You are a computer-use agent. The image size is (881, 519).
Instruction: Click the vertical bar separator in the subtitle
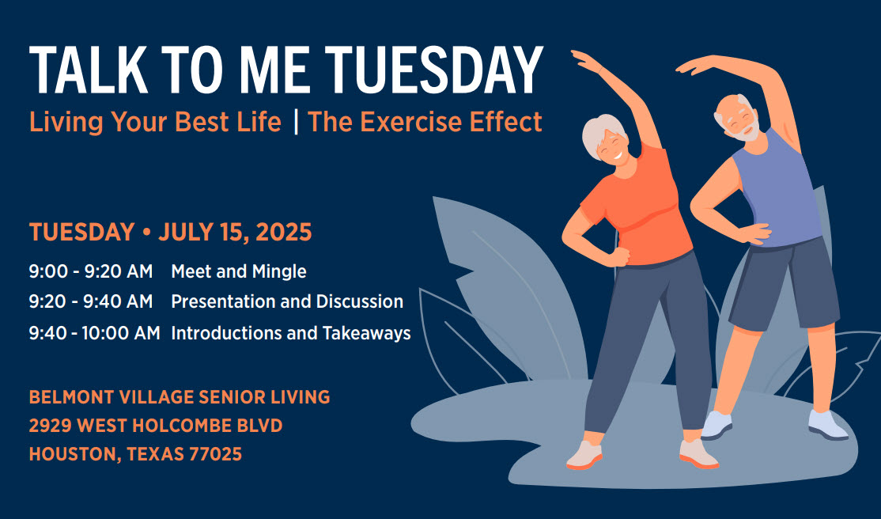click(296, 122)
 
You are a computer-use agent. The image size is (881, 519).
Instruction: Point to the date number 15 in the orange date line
click(234, 233)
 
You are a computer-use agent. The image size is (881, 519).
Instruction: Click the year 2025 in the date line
click(284, 233)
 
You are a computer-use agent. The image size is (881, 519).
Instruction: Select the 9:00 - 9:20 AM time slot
click(90, 271)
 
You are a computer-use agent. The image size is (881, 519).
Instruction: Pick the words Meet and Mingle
click(239, 271)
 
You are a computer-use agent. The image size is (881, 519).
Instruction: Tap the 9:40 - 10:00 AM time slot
click(94, 333)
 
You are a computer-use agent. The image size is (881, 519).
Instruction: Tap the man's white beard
click(743, 131)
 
